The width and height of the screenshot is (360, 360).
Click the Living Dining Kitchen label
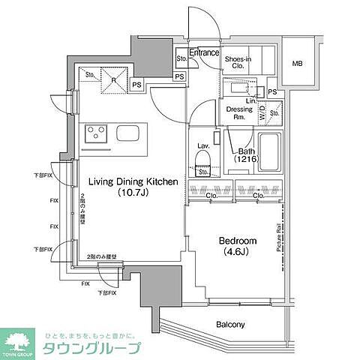(133, 181)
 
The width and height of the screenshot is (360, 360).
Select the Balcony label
(231, 325)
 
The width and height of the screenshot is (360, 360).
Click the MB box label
(298, 64)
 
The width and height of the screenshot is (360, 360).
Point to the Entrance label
(203, 53)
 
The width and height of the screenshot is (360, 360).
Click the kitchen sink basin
(127, 136)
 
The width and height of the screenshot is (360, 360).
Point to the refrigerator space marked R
(113, 80)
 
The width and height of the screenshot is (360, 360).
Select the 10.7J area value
(133, 193)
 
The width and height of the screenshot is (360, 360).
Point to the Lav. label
(202, 145)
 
